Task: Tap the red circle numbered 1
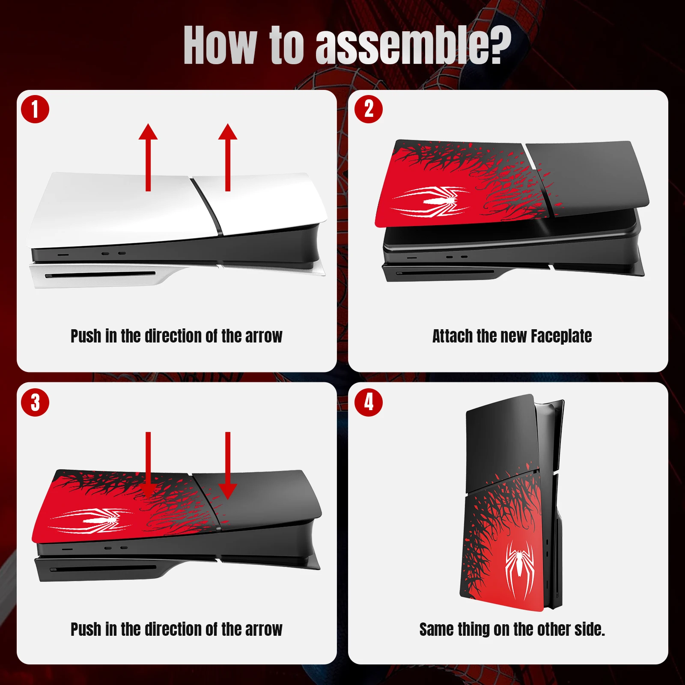pos(35,109)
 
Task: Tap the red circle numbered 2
pos(369,109)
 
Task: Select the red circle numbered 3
pos(35,402)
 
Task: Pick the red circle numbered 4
pos(369,402)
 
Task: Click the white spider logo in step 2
pos(432,201)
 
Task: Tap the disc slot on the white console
pos(101,274)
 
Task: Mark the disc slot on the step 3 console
pos(103,569)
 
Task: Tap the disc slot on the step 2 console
pos(445,272)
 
